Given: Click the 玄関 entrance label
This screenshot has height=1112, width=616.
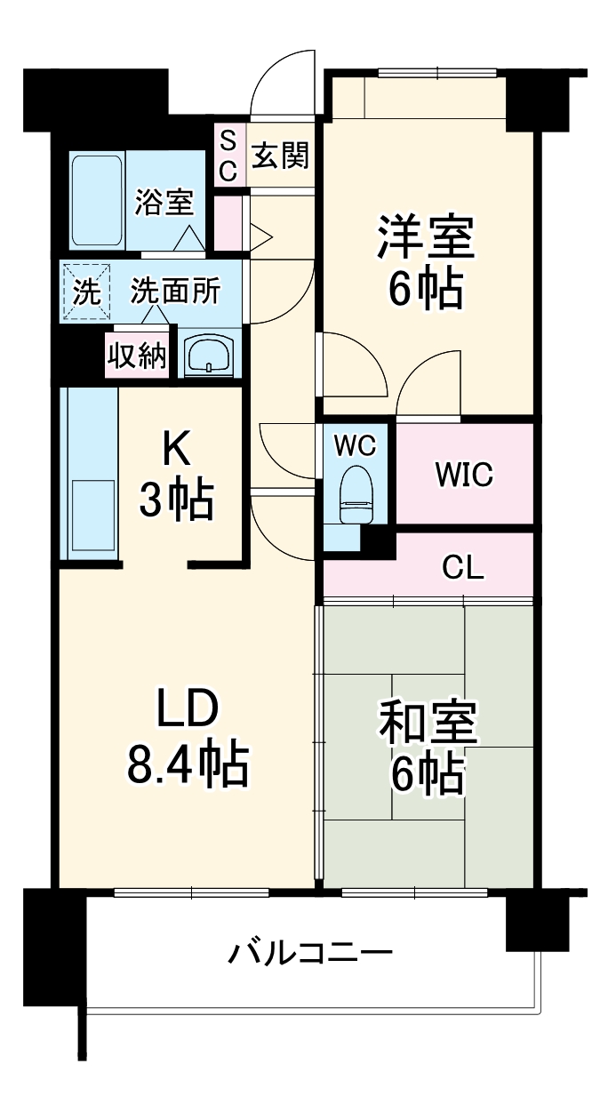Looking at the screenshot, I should tap(280, 156).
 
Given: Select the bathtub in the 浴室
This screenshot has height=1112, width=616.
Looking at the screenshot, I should tap(97, 201).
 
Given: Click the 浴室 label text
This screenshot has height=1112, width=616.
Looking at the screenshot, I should tap(164, 203).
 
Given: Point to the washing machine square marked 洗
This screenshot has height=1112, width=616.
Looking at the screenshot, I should tap(85, 292).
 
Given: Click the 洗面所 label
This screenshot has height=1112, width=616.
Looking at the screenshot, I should tap(175, 292).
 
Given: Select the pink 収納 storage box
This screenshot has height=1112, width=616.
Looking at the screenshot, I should tap(137, 356).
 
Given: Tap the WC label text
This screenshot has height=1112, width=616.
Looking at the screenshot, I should tap(356, 445).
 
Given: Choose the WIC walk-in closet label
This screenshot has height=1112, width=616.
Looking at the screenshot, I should tap(463, 475).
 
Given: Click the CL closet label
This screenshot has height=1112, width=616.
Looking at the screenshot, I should tap(463, 568).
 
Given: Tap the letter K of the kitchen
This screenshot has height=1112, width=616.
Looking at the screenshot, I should tap(175, 450).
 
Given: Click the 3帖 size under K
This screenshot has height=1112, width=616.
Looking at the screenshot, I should tap(176, 502).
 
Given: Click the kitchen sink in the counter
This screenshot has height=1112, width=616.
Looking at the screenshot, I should tap(92, 518).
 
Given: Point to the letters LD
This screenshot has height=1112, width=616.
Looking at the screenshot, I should tap(188, 709).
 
